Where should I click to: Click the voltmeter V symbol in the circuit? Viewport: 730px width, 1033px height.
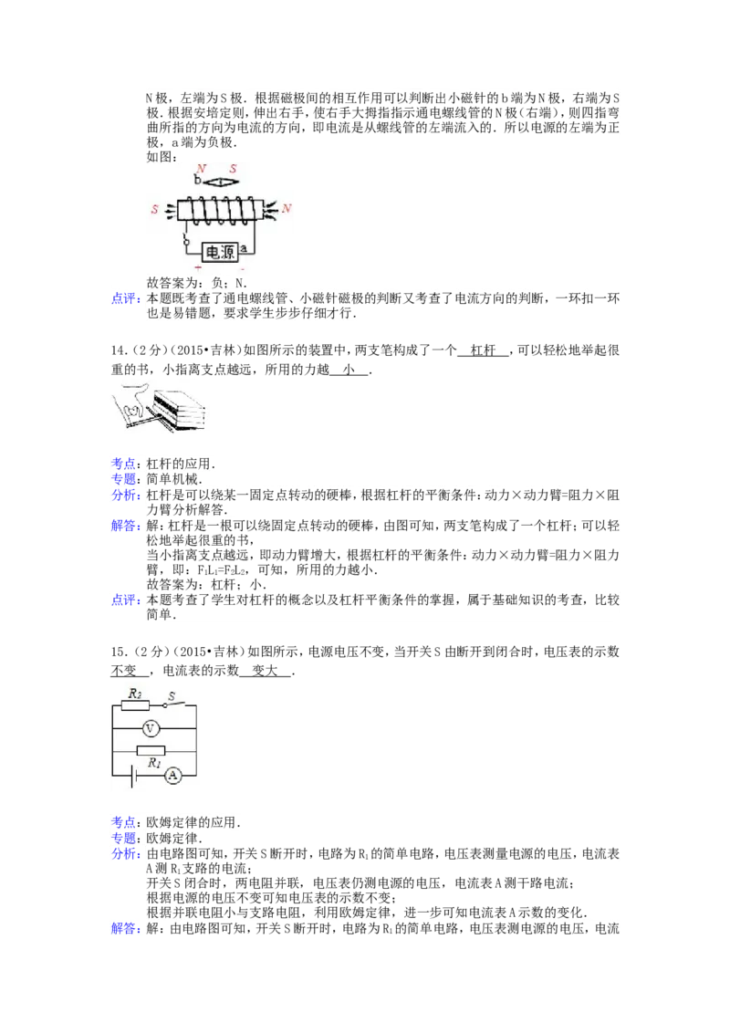click(x=151, y=728)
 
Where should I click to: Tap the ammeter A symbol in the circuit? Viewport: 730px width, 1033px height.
click(x=172, y=775)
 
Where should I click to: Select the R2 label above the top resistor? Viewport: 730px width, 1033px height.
click(x=135, y=694)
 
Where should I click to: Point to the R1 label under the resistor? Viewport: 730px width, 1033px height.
click(x=154, y=763)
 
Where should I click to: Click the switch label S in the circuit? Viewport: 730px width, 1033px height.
click(x=172, y=695)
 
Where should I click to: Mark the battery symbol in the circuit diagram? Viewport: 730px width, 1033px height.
click(x=134, y=776)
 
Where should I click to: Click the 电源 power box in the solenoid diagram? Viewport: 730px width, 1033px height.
click(x=220, y=252)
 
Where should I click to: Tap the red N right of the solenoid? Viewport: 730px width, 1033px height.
click(x=286, y=208)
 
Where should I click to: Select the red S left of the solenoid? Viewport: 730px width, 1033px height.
click(x=155, y=209)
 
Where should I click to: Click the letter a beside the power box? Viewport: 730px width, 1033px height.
click(x=244, y=248)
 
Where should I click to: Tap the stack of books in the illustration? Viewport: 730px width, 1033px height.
click(x=179, y=410)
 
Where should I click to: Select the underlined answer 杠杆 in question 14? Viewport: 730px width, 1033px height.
click(x=483, y=350)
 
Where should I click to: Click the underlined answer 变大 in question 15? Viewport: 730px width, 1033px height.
click(x=265, y=671)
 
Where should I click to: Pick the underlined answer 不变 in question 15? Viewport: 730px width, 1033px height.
click(x=123, y=671)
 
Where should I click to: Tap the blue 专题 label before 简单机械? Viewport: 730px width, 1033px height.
click(x=123, y=479)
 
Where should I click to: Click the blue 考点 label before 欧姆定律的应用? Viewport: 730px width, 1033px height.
click(x=123, y=821)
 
